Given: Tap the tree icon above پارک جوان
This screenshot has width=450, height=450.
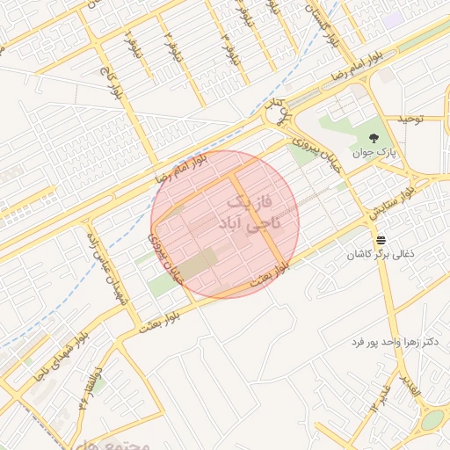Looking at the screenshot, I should (375, 137).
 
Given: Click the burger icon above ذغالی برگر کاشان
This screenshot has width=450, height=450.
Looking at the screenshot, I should (381, 240).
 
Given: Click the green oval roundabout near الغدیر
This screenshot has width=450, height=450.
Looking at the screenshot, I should (432, 420).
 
